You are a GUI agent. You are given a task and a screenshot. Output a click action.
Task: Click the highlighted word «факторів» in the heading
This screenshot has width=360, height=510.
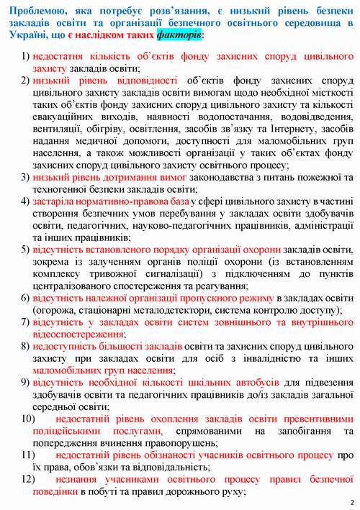(177, 34)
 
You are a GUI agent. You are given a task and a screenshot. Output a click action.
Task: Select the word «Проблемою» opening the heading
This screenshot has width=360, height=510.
(34, 8)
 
